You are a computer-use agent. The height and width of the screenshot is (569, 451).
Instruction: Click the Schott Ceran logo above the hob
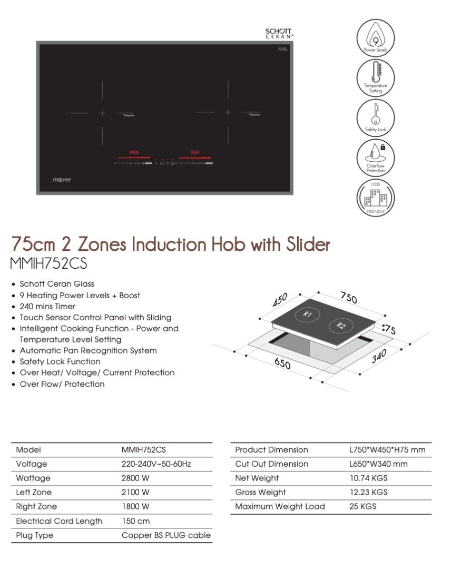tap(279, 33)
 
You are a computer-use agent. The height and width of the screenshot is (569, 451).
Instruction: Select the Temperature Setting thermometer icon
tap(375, 77)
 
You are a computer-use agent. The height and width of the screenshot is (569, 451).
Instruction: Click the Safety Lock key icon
tap(375, 117)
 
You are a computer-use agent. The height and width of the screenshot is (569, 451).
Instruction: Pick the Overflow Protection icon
tap(375, 157)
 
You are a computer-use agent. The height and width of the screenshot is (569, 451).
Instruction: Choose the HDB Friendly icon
tap(375, 198)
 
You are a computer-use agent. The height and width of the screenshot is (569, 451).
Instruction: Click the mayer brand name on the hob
tap(62, 180)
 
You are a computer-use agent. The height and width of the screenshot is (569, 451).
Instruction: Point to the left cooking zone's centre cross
tap(102, 112)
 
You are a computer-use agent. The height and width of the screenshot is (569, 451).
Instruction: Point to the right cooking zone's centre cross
tap(228, 112)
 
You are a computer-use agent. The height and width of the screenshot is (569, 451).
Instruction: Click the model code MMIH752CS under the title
tap(49, 263)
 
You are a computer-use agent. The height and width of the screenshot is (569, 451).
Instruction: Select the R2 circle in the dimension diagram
tap(341, 326)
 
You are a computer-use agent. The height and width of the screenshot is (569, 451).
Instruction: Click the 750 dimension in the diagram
tap(348, 298)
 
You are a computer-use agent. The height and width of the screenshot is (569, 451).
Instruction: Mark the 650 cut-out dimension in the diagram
tap(282, 364)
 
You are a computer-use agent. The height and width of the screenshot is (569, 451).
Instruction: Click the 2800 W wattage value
tap(135, 478)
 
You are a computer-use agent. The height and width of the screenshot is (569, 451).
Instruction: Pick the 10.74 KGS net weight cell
tap(368, 478)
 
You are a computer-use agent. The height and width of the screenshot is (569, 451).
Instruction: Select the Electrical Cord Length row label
tap(59, 521)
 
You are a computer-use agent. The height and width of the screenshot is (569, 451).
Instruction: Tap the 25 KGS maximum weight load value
tap(362, 506)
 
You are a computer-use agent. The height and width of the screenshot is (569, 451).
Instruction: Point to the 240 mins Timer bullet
tap(47, 306)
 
